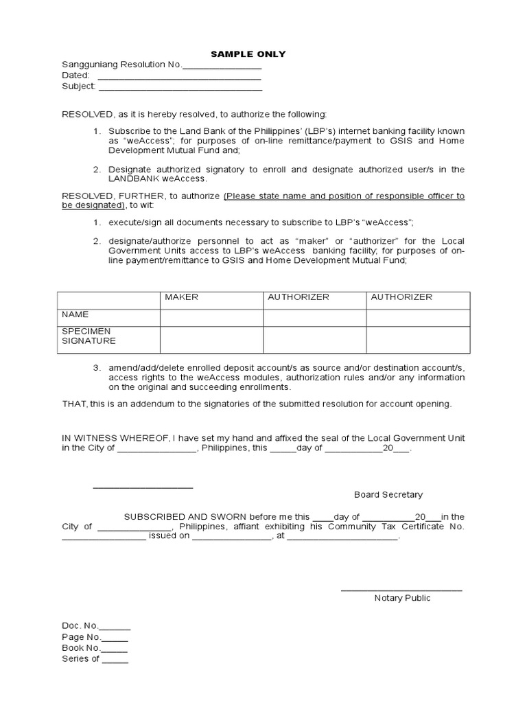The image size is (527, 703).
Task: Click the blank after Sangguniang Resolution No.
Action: [x=222, y=66]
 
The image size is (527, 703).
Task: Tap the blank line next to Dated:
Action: [x=180, y=77]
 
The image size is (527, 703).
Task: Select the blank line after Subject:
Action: [x=180, y=88]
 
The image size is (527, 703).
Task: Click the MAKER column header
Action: [x=181, y=297]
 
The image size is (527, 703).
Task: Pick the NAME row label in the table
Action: [x=75, y=314]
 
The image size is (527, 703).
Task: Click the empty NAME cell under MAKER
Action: [x=211, y=317]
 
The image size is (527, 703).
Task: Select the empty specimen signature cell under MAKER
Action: [x=211, y=339]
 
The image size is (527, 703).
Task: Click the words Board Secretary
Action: [x=388, y=495]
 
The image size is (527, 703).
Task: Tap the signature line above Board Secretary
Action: [x=143, y=486]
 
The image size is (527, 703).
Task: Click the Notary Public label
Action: [x=402, y=598]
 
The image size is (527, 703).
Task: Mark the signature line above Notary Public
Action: [x=401, y=589]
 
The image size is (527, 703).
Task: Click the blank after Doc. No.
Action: [x=115, y=627]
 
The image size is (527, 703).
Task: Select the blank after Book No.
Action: [x=115, y=649]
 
